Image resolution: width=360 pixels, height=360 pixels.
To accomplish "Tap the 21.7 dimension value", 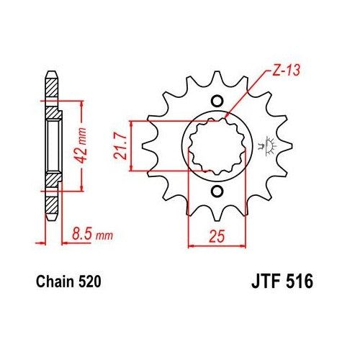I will (119, 147).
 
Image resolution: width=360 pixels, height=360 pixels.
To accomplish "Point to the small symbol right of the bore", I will (271, 146).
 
